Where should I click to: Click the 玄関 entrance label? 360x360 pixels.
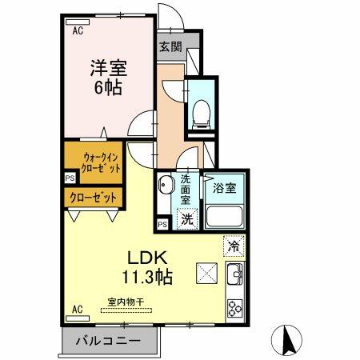point(168,46)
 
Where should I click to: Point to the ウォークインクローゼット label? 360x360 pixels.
point(93,162)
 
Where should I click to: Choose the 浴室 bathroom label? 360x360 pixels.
point(224,190)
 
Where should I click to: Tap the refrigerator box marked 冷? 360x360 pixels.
point(234,246)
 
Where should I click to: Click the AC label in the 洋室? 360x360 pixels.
point(78,31)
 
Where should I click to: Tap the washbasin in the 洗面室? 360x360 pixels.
point(166,187)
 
